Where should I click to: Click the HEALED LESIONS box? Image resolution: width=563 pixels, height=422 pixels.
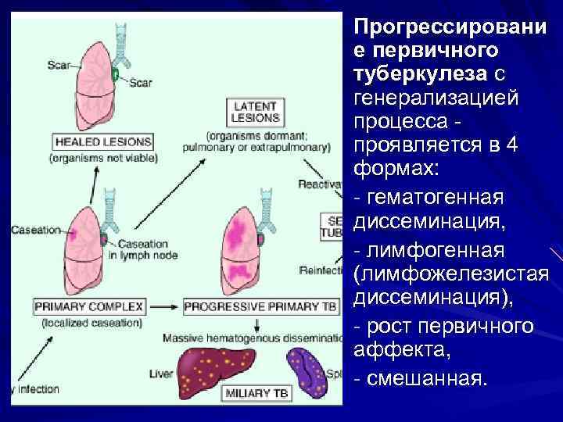click(x=102, y=142)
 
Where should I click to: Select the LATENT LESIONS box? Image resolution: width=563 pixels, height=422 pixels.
click(x=255, y=113)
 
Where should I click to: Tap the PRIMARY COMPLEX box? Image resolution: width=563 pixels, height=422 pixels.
click(x=88, y=306)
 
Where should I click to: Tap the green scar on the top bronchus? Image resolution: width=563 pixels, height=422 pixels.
click(x=115, y=75)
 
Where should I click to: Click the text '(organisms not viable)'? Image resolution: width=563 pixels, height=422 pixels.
click(x=103, y=158)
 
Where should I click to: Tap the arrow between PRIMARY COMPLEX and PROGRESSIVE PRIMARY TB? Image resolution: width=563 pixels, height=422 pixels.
click(x=163, y=306)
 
